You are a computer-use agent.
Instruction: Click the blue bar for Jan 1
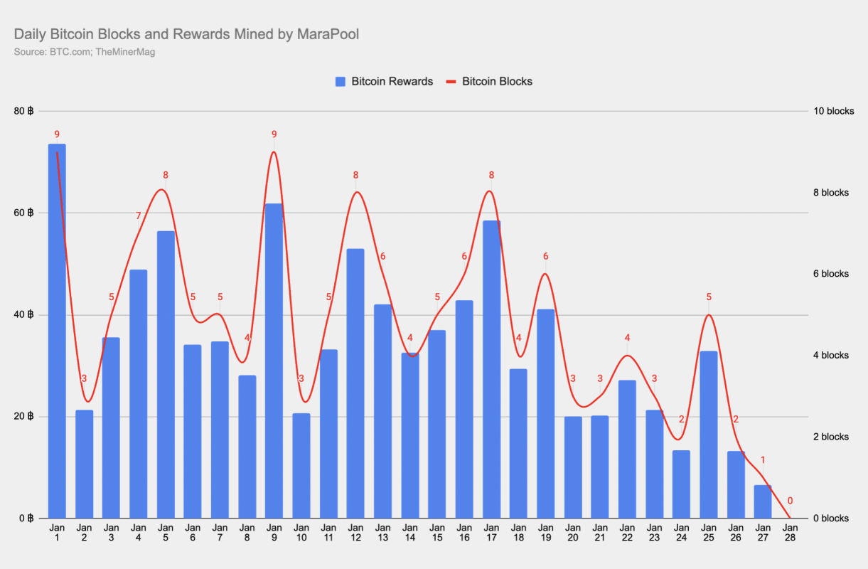[x=57, y=331]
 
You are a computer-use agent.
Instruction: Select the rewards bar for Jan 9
[x=274, y=361]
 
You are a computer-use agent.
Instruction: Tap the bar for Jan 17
[x=491, y=369]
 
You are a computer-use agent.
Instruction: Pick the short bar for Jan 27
[x=763, y=501]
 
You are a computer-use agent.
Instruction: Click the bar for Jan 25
[x=708, y=435]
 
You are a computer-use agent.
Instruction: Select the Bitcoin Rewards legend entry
[x=384, y=81]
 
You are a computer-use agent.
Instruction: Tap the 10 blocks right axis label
[x=834, y=111]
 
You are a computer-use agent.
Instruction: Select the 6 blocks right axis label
[x=831, y=274]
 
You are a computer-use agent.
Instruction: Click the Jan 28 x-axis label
[x=790, y=533]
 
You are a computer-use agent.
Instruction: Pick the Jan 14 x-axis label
[x=410, y=533]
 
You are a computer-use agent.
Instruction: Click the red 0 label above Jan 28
[x=790, y=501]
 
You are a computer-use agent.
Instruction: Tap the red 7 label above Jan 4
[x=139, y=216]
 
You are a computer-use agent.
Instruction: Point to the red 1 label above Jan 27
[x=763, y=460]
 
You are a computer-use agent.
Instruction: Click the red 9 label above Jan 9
[x=274, y=134]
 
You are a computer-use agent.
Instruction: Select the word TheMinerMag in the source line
[x=125, y=52]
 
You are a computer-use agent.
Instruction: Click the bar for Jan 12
[x=355, y=383]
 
